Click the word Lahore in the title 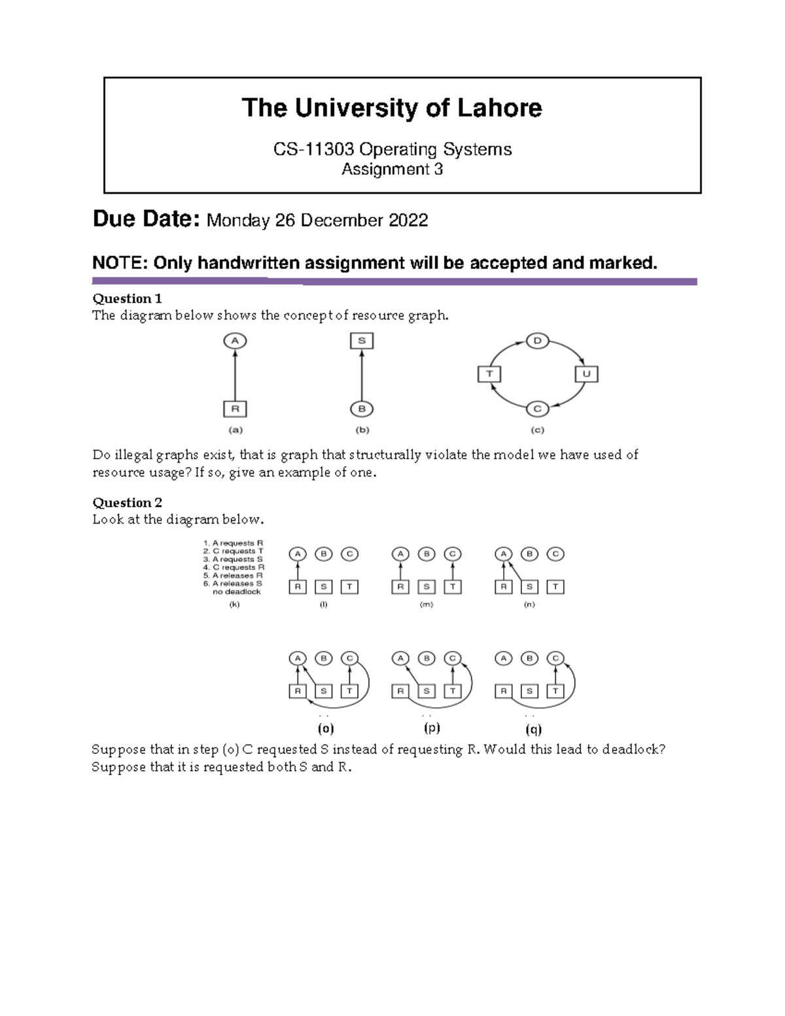pyautogui.click(x=499, y=108)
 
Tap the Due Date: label pyautogui.click(x=146, y=219)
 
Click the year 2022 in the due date pyautogui.click(x=408, y=220)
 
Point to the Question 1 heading pyautogui.click(x=127, y=299)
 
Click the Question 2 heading pyautogui.click(x=127, y=502)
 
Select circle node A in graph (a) pyautogui.click(x=235, y=341)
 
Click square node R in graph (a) pyautogui.click(x=235, y=410)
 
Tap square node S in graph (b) pyautogui.click(x=362, y=341)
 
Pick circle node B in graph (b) pyautogui.click(x=362, y=410)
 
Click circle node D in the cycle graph pyautogui.click(x=537, y=341)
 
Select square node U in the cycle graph pyautogui.click(x=586, y=374)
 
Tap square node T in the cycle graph pyautogui.click(x=489, y=374)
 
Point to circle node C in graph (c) pyautogui.click(x=537, y=409)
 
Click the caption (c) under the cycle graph pyautogui.click(x=537, y=430)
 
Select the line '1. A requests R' pyautogui.click(x=234, y=543)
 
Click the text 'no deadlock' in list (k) pyautogui.click(x=236, y=591)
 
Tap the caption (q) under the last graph pyautogui.click(x=533, y=729)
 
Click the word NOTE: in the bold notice pyautogui.click(x=120, y=263)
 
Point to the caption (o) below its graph pyautogui.click(x=325, y=728)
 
